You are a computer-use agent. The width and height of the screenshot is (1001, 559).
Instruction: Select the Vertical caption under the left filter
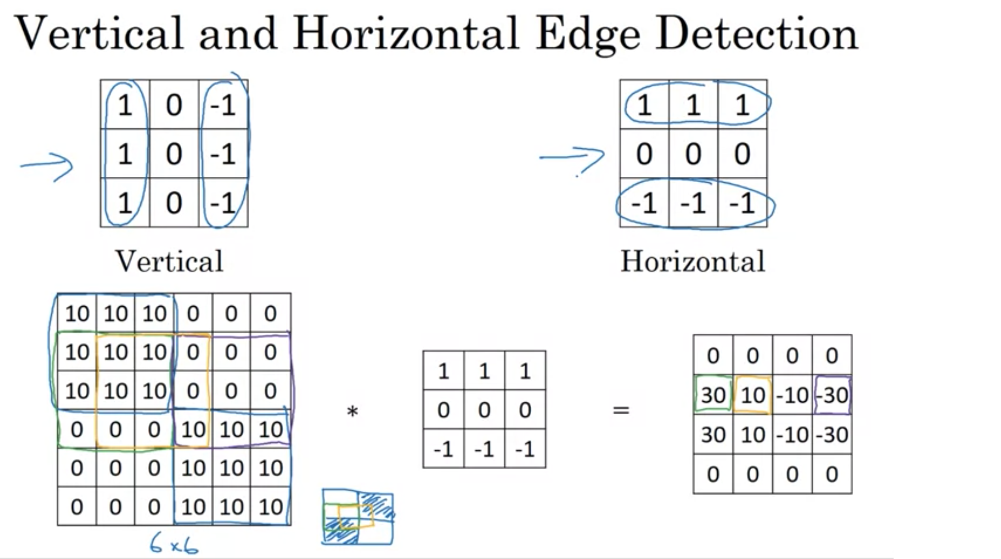coord(169,262)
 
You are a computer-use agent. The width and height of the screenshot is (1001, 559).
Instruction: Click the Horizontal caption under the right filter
coord(693,262)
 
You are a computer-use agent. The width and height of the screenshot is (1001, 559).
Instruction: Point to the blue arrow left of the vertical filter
coord(47,166)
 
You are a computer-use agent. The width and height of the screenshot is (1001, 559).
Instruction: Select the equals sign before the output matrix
coord(621,410)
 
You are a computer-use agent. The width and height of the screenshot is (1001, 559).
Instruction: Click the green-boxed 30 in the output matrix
coord(713,395)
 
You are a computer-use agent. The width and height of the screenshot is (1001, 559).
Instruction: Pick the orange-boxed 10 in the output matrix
coord(753,395)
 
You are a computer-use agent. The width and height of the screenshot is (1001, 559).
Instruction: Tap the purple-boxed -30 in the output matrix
coord(832,395)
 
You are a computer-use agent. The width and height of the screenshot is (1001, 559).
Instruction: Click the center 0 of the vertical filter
coord(174,153)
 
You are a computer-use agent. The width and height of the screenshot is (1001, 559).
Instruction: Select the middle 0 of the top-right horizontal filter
coord(693,153)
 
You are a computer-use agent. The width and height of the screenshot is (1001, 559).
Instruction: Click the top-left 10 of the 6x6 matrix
coord(77,314)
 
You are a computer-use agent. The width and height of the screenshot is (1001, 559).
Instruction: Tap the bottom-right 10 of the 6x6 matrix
coord(271,507)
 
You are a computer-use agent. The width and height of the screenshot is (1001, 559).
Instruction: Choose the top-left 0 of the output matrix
coord(713,355)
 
